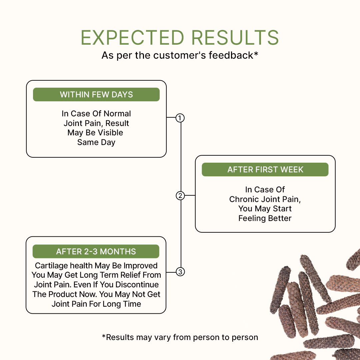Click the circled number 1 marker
[x=180, y=118]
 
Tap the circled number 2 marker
[x=180, y=196]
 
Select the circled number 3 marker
[x=180, y=272]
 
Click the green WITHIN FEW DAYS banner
[x=96, y=94]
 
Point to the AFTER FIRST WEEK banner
[x=265, y=169]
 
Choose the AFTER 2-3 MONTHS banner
[x=96, y=251]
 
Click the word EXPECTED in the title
[x=132, y=38]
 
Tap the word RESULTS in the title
[x=235, y=38]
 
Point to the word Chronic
[x=244, y=199]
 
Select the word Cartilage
[x=51, y=266]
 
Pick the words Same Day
[x=96, y=142]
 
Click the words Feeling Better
[x=265, y=218]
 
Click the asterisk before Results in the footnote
[x=104, y=336]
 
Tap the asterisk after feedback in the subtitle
[x=256, y=54]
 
